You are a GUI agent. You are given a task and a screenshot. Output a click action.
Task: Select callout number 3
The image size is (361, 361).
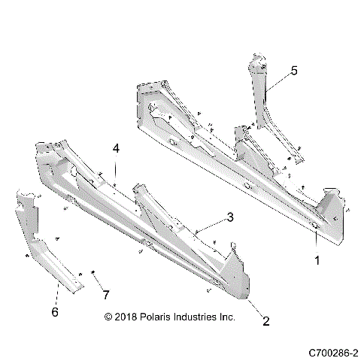230,218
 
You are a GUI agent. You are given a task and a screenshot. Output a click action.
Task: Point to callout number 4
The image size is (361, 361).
116,149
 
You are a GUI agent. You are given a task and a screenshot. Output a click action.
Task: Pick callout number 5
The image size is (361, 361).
294,71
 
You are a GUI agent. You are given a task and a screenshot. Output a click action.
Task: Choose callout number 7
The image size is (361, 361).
106,293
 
